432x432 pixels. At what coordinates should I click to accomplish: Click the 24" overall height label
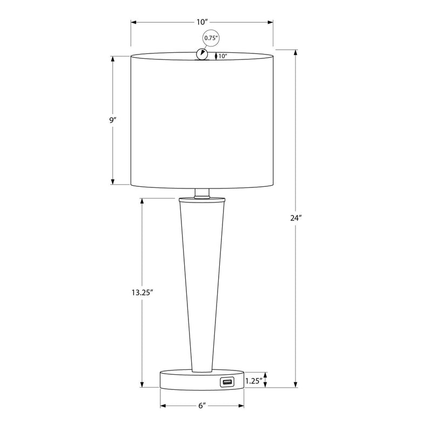point(296,218)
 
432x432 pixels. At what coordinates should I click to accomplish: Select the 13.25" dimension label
point(142,292)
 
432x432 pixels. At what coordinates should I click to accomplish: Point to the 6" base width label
point(202,406)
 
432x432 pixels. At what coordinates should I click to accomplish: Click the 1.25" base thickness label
point(253,381)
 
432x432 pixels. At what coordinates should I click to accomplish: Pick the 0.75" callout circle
point(211,38)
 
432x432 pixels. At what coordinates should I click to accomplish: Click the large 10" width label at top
point(202,22)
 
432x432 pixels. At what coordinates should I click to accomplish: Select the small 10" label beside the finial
point(222,56)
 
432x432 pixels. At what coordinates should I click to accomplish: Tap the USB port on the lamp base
point(227,382)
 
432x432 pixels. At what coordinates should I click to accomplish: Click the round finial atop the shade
point(202,54)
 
